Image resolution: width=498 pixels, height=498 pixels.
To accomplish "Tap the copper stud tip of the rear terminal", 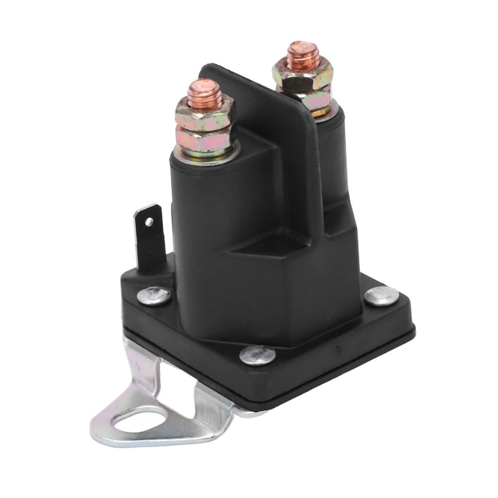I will [x=302, y=52].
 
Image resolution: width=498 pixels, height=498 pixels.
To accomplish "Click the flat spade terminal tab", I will [x=151, y=238].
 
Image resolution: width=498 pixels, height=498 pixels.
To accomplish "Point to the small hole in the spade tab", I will [x=148, y=222].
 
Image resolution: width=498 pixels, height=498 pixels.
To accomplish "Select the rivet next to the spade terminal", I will [x=154, y=296].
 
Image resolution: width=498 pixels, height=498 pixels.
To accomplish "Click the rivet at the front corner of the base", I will [x=257, y=356].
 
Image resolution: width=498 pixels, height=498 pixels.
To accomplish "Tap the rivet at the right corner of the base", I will [x=382, y=296].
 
